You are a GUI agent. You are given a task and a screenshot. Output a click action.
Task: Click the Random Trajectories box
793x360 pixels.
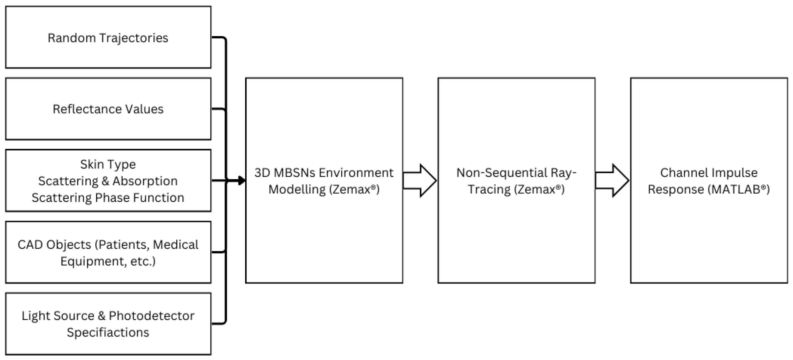point(108,37)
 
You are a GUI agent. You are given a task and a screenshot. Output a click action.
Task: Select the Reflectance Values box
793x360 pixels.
point(108,109)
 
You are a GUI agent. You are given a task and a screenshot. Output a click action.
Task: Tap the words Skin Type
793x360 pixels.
point(108,164)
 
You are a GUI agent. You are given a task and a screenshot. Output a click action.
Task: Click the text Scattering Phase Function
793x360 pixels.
point(108,197)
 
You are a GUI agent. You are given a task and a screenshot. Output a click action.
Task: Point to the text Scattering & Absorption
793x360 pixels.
point(108,181)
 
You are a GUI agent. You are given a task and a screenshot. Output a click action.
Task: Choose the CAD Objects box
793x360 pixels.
point(108,252)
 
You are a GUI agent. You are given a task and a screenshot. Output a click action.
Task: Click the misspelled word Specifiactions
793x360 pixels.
point(108,332)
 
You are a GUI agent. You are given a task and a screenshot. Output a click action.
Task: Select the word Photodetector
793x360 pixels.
point(151,316)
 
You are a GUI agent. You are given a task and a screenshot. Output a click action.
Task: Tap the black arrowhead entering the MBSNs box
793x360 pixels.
point(242,180)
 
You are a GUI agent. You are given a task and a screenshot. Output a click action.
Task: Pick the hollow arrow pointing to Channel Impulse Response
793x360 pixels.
point(612,180)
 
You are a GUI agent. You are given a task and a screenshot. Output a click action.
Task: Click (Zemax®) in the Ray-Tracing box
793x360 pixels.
point(539,189)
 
